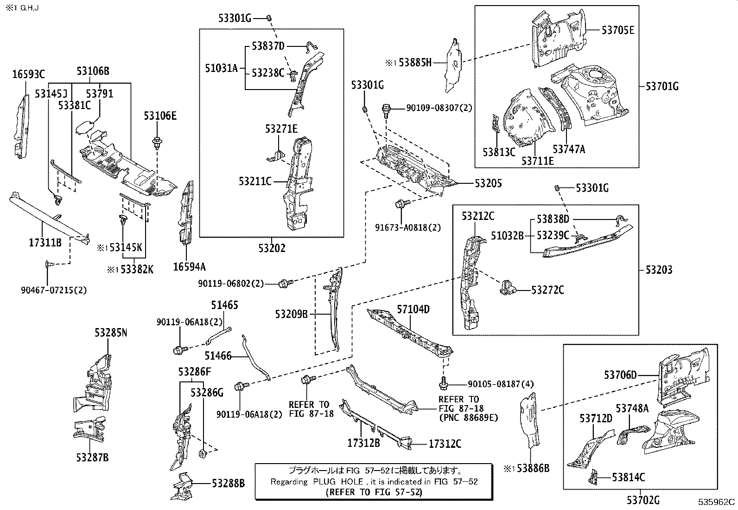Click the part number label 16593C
tap(28, 74)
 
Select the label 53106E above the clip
tap(160, 116)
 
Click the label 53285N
tap(111, 333)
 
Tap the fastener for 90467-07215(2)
tap(49, 265)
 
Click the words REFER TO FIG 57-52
tap(374, 491)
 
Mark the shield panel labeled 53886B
tap(529, 418)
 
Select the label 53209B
tap(291, 314)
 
